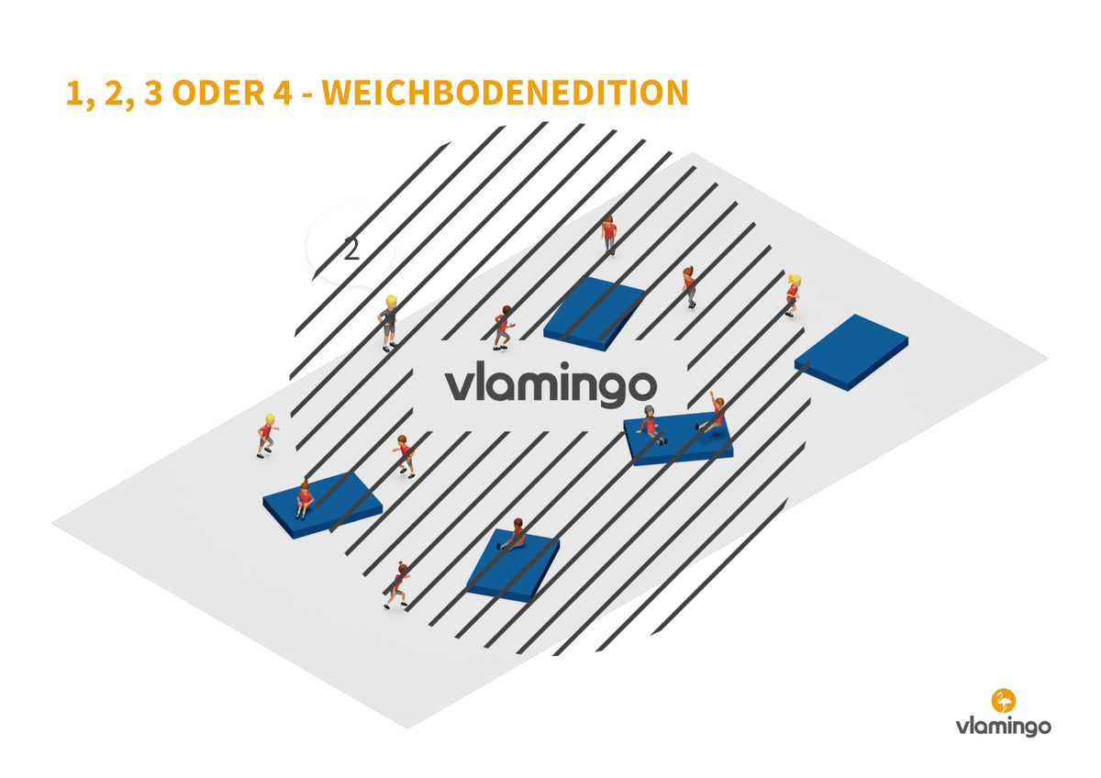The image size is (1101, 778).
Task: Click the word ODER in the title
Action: tap(218, 93)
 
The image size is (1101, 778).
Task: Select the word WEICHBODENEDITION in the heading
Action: tap(505, 93)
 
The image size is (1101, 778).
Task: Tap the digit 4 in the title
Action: tap(283, 93)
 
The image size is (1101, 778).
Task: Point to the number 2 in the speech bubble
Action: tap(351, 249)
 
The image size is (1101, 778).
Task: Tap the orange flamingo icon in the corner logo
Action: tap(1003, 700)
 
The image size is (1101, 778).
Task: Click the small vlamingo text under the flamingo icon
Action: tap(1003, 727)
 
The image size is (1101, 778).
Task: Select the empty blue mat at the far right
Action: tap(851, 352)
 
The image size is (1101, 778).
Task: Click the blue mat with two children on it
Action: tap(678, 439)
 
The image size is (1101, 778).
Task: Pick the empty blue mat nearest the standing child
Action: tap(594, 314)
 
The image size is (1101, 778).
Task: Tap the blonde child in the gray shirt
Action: tap(389, 323)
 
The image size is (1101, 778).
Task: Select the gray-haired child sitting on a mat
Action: tap(651, 426)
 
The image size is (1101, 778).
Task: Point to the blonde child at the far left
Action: tap(266, 437)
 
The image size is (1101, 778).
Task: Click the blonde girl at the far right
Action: tap(793, 295)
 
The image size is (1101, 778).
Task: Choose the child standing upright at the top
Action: tap(609, 235)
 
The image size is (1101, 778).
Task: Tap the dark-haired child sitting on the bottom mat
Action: tap(513, 535)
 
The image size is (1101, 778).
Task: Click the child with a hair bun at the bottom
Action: tap(397, 585)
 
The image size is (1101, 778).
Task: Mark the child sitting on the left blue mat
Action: tap(305, 500)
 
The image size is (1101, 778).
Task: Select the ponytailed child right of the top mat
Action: tap(690, 287)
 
